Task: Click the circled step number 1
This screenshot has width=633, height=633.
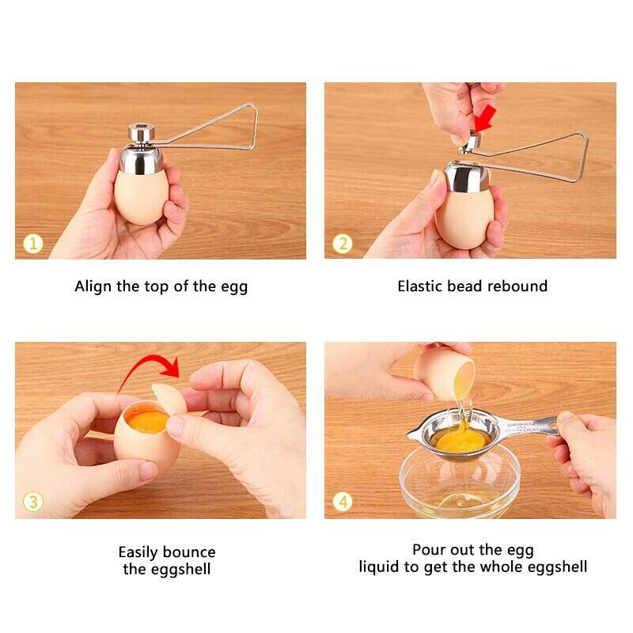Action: (x=32, y=243)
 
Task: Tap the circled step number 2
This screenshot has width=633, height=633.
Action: (x=342, y=243)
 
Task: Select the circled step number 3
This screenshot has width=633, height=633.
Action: (x=32, y=502)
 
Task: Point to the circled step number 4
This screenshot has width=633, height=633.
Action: (x=342, y=502)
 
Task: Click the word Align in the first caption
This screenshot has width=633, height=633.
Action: (x=93, y=286)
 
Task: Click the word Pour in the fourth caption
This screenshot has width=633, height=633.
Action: (x=428, y=549)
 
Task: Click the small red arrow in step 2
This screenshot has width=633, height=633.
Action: (x=484, y=119)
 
